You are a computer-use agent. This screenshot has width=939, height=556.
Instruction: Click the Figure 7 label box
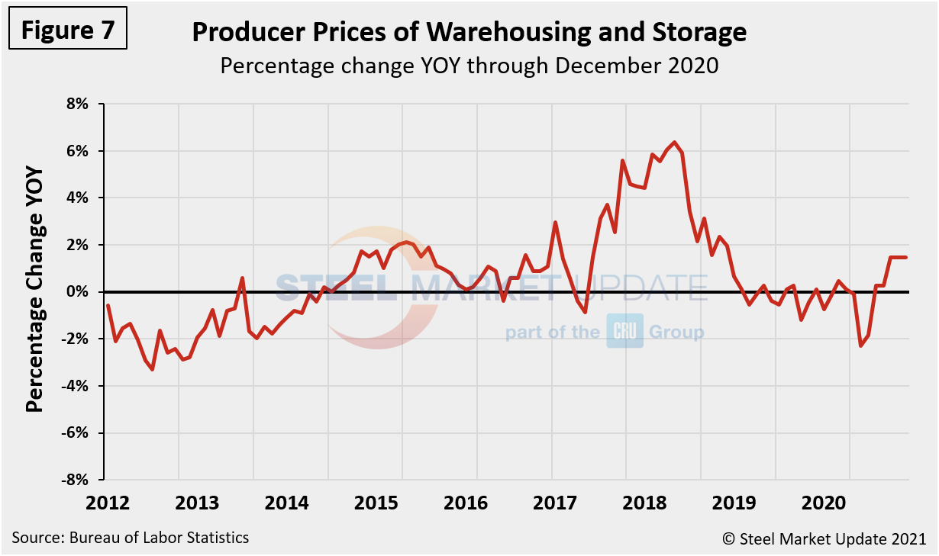(x=67, y=30)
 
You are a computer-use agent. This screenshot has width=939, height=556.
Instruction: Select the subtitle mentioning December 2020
(x=469, y=66)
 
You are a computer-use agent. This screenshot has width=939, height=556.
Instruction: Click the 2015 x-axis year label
(x=377, y=503)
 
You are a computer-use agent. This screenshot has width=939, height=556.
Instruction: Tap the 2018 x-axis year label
(x=647, y=503)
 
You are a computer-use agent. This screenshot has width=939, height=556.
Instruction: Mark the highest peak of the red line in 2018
(x=674, y=143)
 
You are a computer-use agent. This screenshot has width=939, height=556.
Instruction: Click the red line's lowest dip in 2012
(x=153, y=369)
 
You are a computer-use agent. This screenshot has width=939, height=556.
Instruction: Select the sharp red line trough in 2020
(x=861, y=346)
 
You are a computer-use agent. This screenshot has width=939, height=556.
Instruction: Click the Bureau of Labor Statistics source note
(x=131, y=538)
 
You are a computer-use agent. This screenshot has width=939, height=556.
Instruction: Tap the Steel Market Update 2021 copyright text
(x=824, y=538)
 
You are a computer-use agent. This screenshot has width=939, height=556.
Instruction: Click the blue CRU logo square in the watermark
(x=625, y=331)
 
